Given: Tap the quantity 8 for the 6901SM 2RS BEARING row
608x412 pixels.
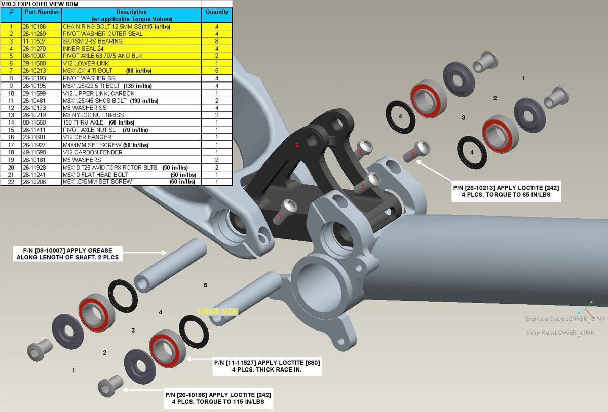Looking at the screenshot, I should [x=216, y=41].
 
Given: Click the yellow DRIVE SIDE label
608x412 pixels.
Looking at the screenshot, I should [x=218, y=311].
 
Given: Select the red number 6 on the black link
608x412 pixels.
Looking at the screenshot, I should [x=297, y=145].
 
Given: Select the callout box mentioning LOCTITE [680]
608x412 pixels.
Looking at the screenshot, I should [x=267, y=366].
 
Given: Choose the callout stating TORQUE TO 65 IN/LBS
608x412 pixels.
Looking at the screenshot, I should [x=506, y=191].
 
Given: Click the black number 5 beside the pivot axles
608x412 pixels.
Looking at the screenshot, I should [x=205, y=285].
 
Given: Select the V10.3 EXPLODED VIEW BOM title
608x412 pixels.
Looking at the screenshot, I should [x=40, y=4].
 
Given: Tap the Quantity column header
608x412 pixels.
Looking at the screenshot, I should [x=216, y=12].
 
